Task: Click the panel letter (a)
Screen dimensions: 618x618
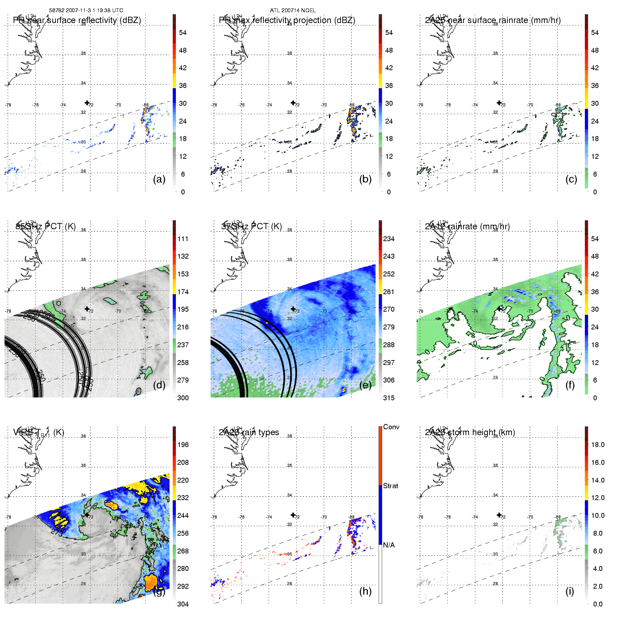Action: [159, 179]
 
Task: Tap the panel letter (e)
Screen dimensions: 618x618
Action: [365, 385]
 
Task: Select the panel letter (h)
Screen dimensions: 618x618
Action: [365, 591]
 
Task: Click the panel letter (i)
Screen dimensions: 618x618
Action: [569, 591]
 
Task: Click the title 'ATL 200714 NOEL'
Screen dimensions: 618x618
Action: [293, 10]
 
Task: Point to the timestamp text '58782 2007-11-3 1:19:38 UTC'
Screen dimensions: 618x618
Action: [86, 10]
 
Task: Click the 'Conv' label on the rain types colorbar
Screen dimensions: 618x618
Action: [391, 427]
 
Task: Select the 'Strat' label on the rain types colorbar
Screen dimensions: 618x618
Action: [390, 486]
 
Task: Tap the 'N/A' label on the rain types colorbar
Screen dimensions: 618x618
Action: [389, 545]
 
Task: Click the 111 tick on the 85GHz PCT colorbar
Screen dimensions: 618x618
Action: [183, 239]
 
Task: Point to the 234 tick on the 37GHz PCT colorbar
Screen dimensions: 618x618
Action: [389, 239]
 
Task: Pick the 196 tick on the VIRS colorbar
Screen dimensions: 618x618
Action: [183, 445]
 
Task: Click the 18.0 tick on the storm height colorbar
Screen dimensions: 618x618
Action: [598, 445]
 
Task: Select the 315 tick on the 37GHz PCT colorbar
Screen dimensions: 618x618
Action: [389, 398]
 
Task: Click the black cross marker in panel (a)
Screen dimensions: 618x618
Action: [87, 103]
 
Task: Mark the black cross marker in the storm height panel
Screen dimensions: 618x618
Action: [499, 515]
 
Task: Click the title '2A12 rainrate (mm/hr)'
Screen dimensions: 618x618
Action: [467, 226]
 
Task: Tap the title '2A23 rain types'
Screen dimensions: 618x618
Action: [249, 432]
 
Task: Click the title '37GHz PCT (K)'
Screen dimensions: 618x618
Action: [252, 226]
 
